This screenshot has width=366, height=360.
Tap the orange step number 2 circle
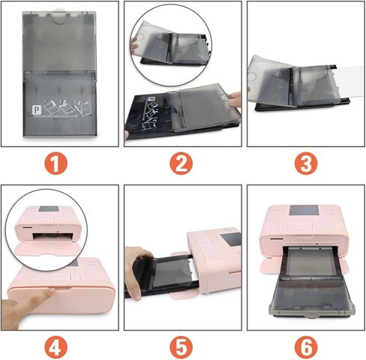[x=182, y=163]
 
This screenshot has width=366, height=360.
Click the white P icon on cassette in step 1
[x=34, y=107]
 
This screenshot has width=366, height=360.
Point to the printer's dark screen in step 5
[x=232, y=241]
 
